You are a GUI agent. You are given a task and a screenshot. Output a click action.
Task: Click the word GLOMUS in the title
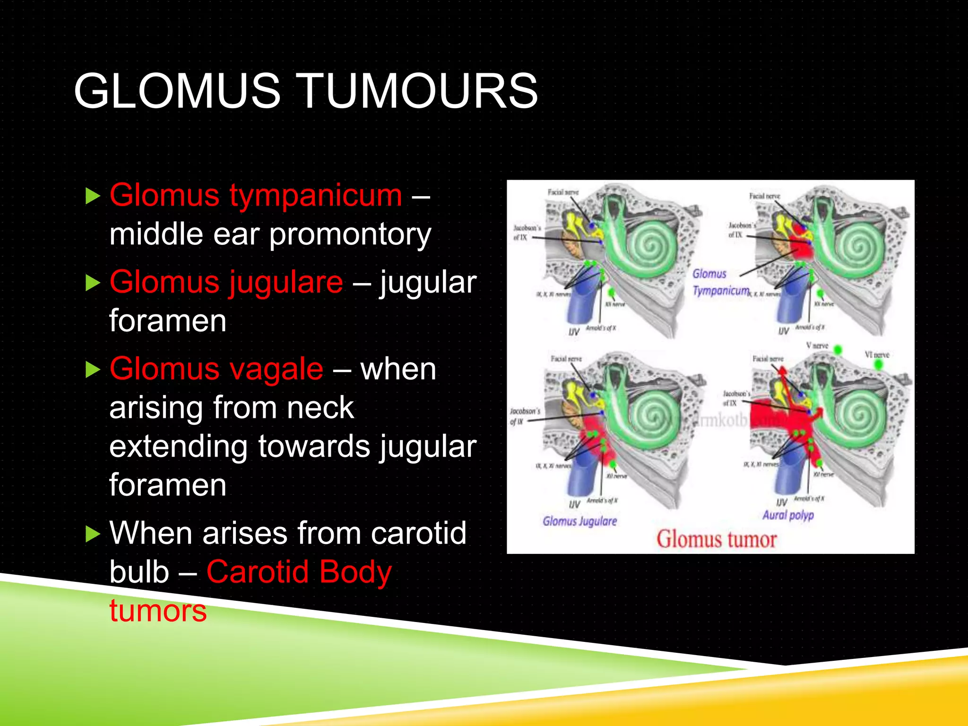coord(177,91)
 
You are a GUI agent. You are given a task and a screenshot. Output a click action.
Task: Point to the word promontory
coord(350,234)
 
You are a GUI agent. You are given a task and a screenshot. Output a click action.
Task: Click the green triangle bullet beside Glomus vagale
coord(93,370)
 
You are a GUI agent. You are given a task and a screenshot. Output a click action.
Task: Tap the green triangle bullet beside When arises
coord(93,534)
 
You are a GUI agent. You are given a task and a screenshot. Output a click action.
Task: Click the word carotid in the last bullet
coord(418,533)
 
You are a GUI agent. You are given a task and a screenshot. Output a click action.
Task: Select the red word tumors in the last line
coord(158,611)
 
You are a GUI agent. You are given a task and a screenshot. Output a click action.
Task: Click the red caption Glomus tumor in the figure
coord(716,539)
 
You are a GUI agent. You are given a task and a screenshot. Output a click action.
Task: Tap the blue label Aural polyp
coord(788,515)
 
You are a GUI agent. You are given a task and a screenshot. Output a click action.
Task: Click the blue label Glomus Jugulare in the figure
coord(579,521)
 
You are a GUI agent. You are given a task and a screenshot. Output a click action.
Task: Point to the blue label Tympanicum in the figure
coord(720,290)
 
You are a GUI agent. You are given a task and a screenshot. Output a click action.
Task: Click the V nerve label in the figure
coord(817,346)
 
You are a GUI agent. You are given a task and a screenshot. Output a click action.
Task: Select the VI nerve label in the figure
coord(877,354)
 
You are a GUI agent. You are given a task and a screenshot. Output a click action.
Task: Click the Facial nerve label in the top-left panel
coord(562,192)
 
